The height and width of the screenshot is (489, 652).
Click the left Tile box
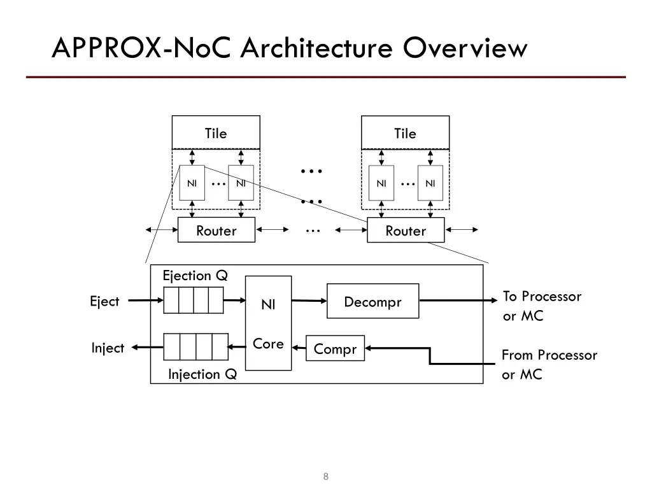coord(216,132)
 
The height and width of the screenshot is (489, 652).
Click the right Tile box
coord(405,132)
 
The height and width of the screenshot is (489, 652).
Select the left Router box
coord(216,230)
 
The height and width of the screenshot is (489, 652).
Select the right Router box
coord(406,230)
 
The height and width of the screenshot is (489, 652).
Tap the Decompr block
coord(372,301)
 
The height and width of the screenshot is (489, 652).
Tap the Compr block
coord(335,348)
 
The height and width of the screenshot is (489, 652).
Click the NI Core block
coord(268,323)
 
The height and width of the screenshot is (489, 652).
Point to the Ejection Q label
coord(195,276)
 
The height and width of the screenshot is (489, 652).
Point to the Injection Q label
coord(202,374)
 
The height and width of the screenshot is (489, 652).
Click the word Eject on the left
coord(104,301)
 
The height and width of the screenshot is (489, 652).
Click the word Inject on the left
coord(107,348)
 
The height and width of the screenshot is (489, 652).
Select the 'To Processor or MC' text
coord(542,306)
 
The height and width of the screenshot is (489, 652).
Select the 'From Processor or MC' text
coord(549,364)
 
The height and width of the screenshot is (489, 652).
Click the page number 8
coord(326,477)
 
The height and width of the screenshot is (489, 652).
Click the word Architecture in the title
coord(320,48)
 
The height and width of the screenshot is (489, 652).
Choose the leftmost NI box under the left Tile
coord(192,183)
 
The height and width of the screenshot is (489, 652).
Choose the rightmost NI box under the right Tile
coord(430,183)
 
